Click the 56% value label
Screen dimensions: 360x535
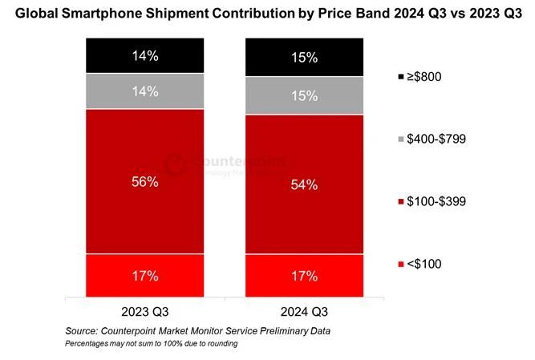[144, 182]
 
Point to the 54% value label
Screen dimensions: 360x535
[304, 185]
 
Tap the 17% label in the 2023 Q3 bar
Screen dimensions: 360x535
[144, 276]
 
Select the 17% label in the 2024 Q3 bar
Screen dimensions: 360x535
[304, 276]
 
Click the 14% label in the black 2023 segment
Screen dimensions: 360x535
[144, 56]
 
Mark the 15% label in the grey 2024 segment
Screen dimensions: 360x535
[304, 96]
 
